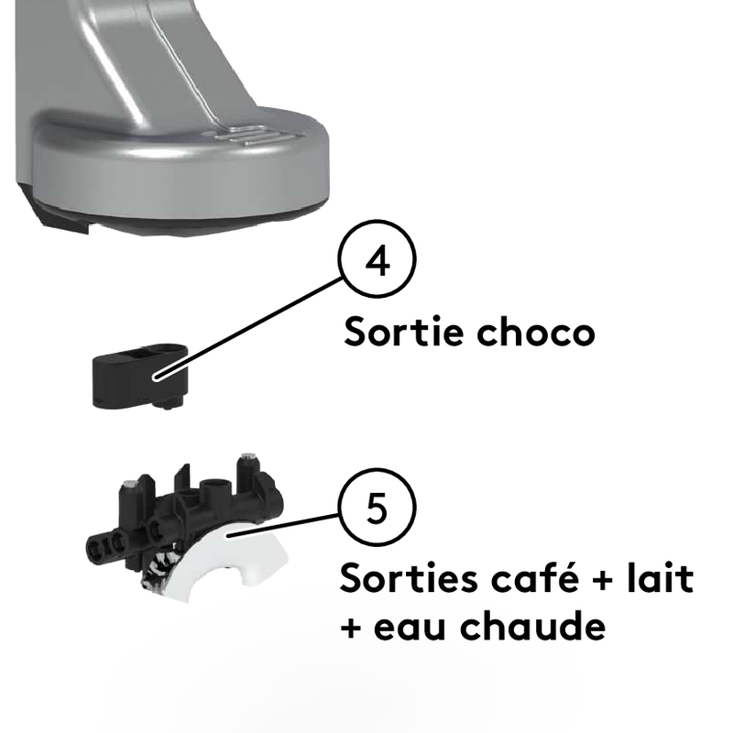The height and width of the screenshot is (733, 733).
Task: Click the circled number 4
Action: (x=377, y=258)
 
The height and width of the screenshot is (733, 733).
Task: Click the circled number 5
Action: (x=377, y=507)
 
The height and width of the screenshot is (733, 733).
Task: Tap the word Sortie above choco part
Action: (x=404, y=332)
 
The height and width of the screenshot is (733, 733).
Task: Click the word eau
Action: (x=410, y=627)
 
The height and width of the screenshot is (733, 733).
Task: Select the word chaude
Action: (x=533, y=625)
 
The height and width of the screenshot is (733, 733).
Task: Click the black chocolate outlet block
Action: (x=140, y=376)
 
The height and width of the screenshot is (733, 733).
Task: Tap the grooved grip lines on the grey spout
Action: (x=247, y=135)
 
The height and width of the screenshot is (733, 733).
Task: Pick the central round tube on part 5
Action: (x=214, y=492)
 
